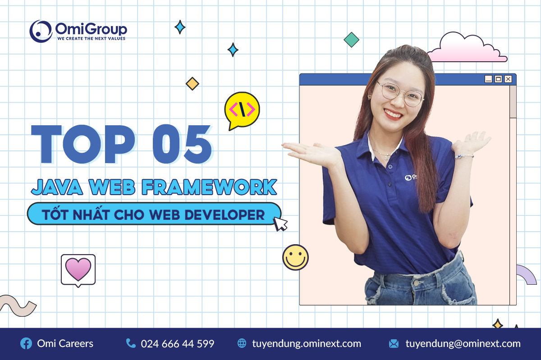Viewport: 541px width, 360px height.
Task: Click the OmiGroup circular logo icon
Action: (x=41, y=31)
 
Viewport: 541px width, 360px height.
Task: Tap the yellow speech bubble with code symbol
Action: (x=242, y=109)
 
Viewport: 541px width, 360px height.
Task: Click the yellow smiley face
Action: (x=295, y=257)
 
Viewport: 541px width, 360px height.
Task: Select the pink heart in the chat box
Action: (x=78, y=269)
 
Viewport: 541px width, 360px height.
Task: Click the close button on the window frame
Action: (x=508, y=79)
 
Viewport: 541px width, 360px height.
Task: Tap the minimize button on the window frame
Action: (x=488, y=79)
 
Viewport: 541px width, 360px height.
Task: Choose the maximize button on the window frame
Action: (x=498, y=79)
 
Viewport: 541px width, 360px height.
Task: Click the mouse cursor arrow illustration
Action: (x=281, y=223)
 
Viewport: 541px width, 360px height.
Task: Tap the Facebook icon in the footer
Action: (x=26, y=344)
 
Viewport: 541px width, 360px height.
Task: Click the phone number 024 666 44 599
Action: (x=177, y=344)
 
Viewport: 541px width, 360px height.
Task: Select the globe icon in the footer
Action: (x=242, y=344)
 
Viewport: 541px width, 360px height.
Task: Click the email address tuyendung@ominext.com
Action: (x=463, y=344)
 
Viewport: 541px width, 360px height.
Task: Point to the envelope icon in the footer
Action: (x=394, y=344)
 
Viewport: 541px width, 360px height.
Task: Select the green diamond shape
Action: (x=351, y=40)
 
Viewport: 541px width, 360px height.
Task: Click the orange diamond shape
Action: (x=193, y=83)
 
